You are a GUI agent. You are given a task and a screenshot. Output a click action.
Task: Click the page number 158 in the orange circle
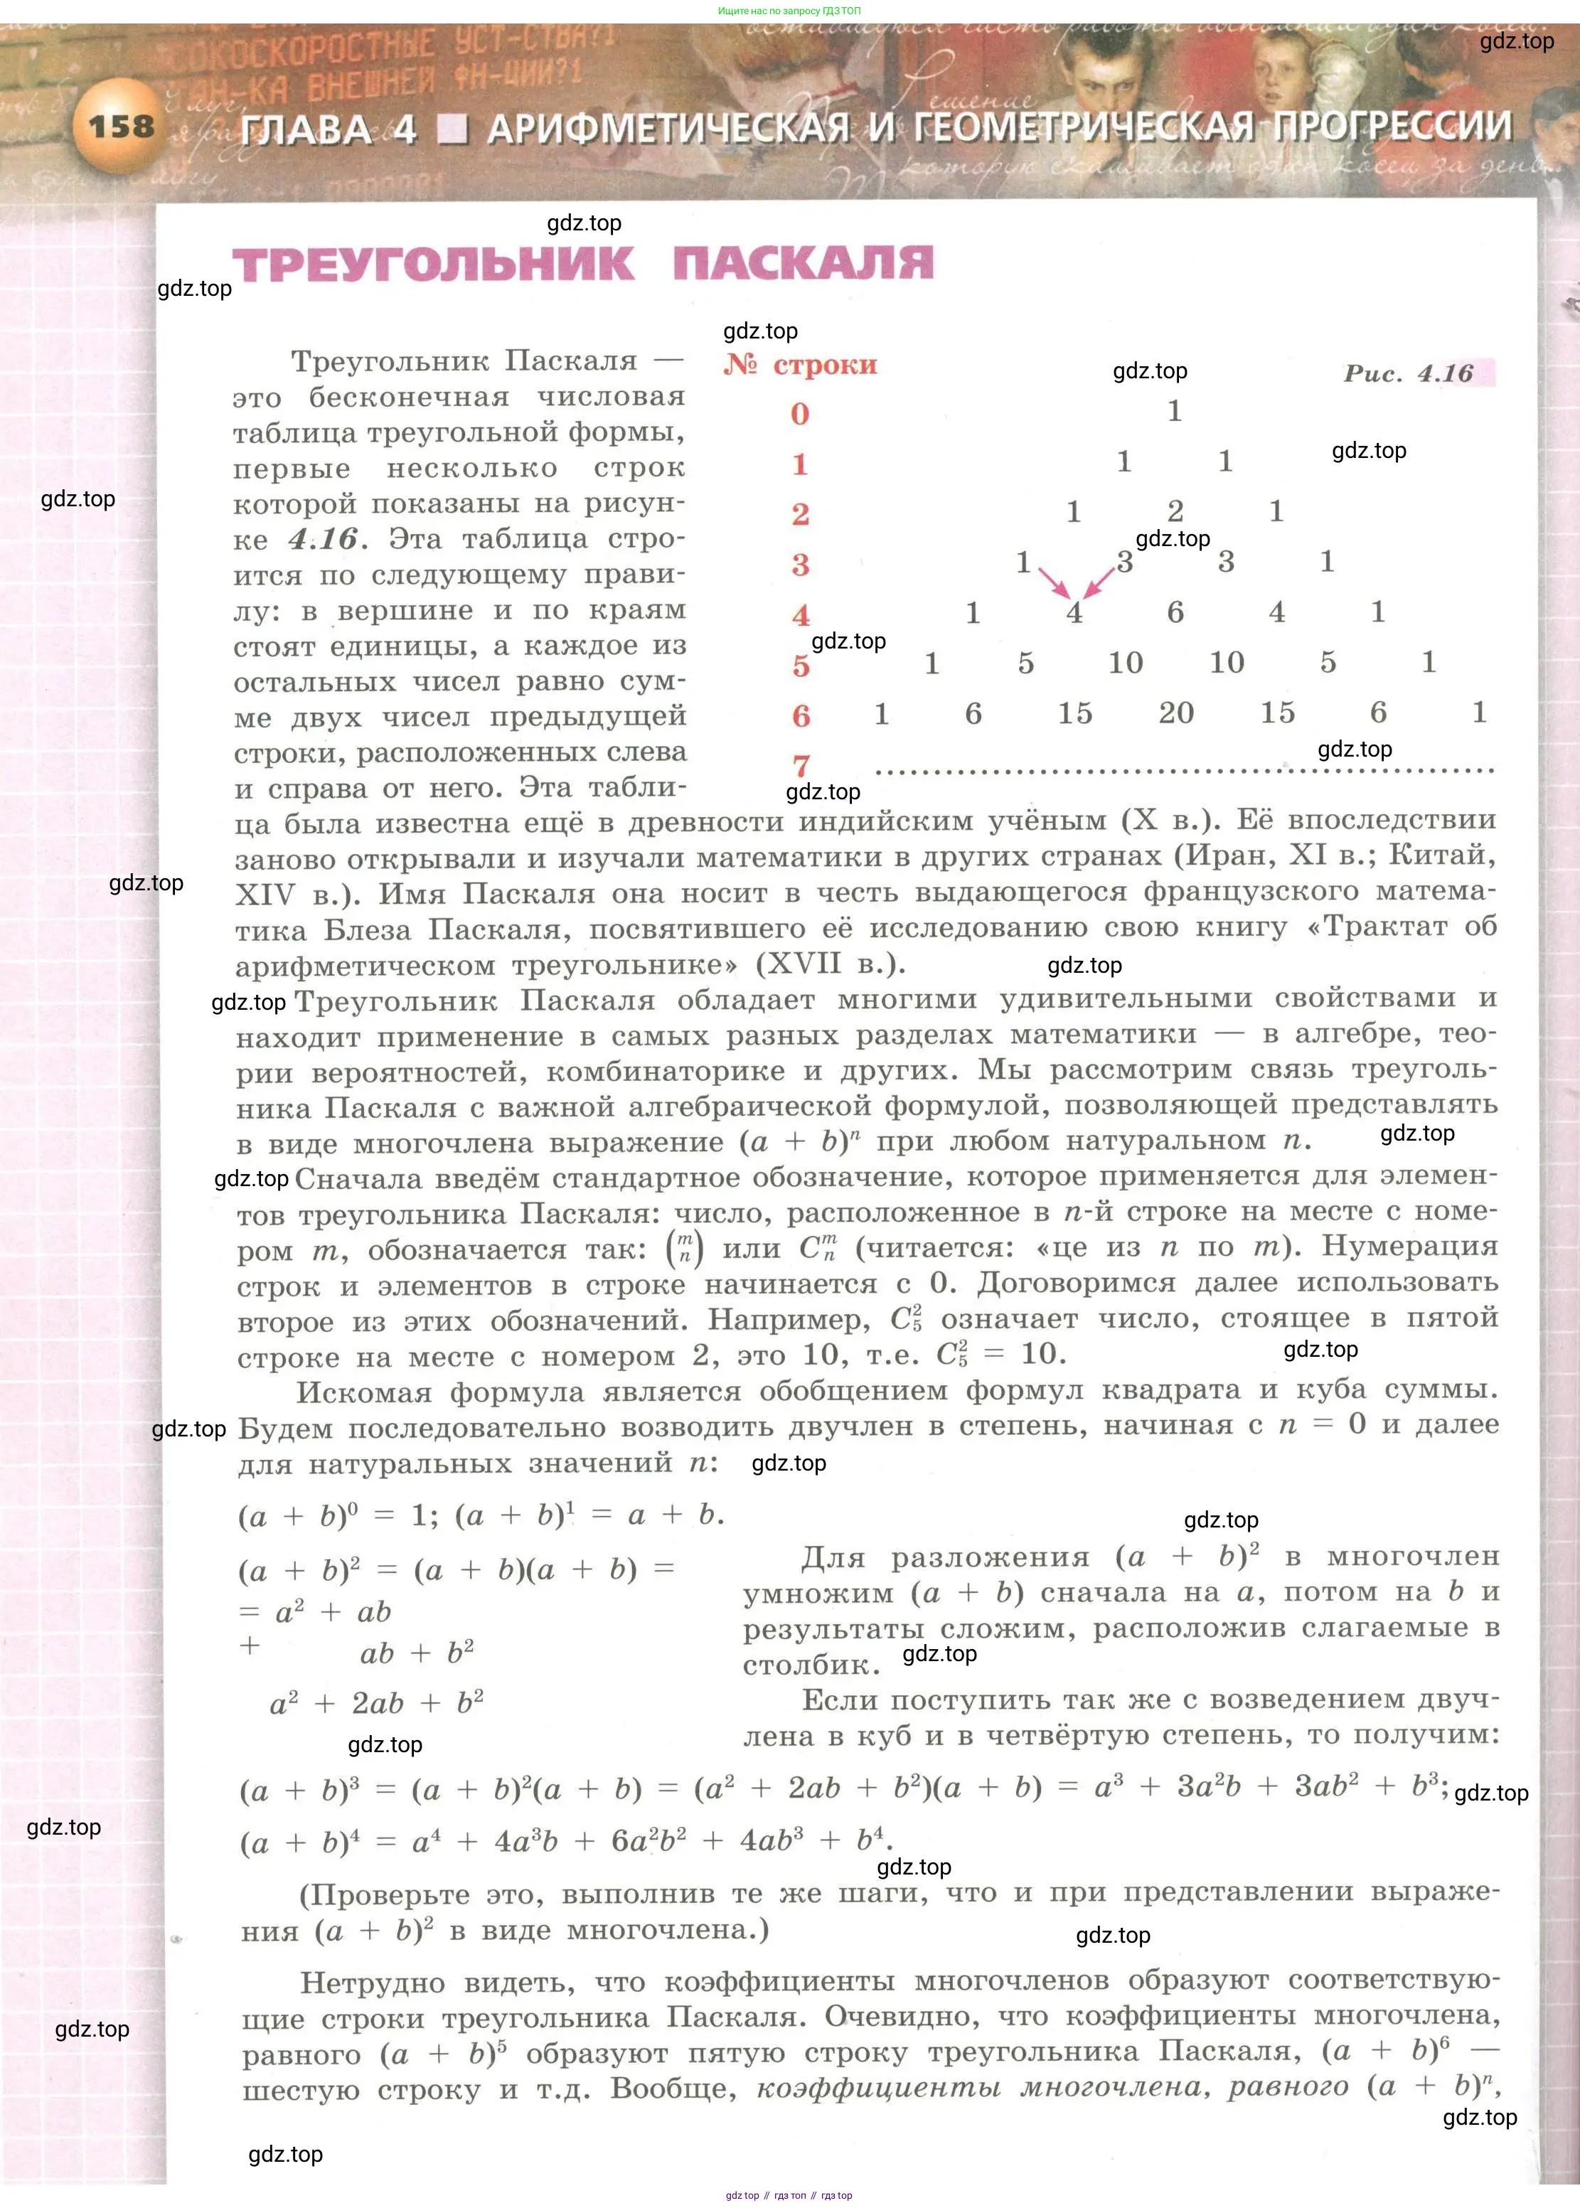[x=122, y=127]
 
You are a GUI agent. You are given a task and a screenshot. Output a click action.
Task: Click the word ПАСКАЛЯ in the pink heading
[x=803, y=264]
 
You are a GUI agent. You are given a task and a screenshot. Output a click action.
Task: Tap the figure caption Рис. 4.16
[x=1408, y=373]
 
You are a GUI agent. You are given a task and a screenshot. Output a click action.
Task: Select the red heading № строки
[x=800, y=365]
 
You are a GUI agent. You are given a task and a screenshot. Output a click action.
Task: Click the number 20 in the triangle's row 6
[x=1176, y=713]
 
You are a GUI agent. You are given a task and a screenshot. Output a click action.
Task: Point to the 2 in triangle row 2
[x=1175, y=511]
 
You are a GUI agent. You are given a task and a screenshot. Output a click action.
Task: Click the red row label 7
[x=801, y=765]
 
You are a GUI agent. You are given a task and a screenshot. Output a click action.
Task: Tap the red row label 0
[x=800, y=415]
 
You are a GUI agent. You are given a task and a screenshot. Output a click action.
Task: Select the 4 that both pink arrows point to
[x=1074, y=613]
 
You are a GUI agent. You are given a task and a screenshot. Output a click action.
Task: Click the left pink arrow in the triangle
[x=1054, y=582]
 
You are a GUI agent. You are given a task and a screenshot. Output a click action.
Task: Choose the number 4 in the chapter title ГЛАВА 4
[x=405, y=129]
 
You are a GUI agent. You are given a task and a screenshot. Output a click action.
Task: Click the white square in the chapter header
[x=452, y=129]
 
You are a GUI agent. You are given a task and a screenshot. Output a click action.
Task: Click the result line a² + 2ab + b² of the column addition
[x=377, y=1703]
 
